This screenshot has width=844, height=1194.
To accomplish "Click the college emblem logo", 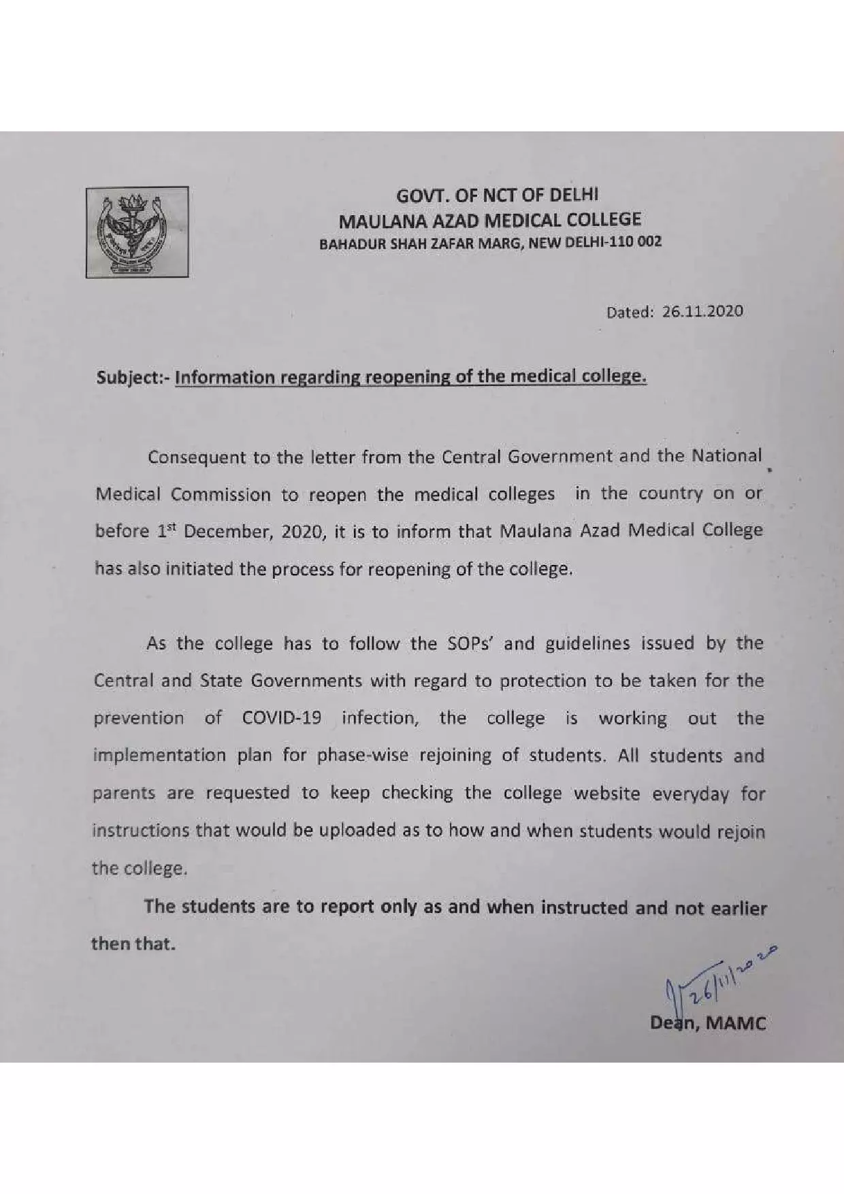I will pyautogui.click(x=137, y=232).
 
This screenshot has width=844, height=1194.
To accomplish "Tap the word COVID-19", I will pyautogui.click(x=281, y=719).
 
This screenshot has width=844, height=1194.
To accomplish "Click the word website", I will pyautogui.click(x=608, y=794).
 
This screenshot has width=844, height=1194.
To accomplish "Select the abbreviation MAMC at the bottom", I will pyautogui.click(x=737, y=1023).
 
